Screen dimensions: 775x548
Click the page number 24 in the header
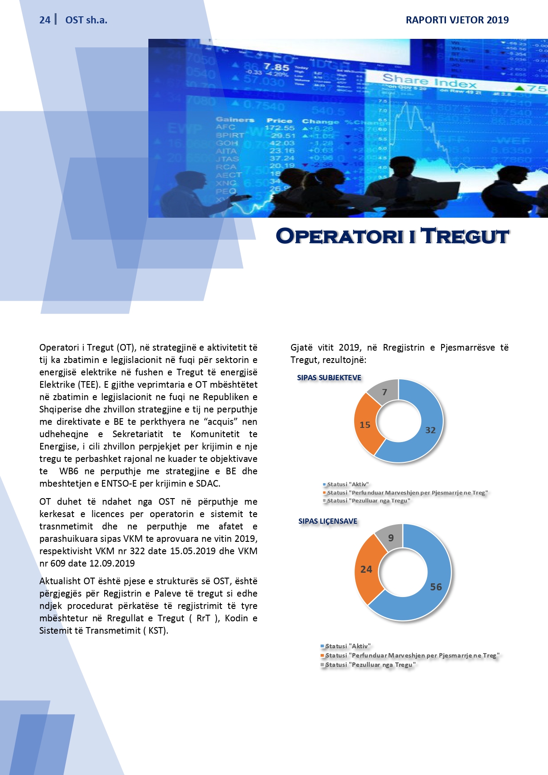[45, 20]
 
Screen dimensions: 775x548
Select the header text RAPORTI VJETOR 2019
[457, 20]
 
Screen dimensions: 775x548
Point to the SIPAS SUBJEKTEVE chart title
[329, 378]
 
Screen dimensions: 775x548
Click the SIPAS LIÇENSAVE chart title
[328, 521]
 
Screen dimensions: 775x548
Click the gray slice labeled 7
[385, 392]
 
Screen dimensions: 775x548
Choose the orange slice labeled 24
[366, 569]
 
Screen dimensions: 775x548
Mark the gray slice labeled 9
[391, 537]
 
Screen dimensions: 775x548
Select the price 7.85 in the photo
[276, 68]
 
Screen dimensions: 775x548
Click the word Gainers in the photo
[235, 120]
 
